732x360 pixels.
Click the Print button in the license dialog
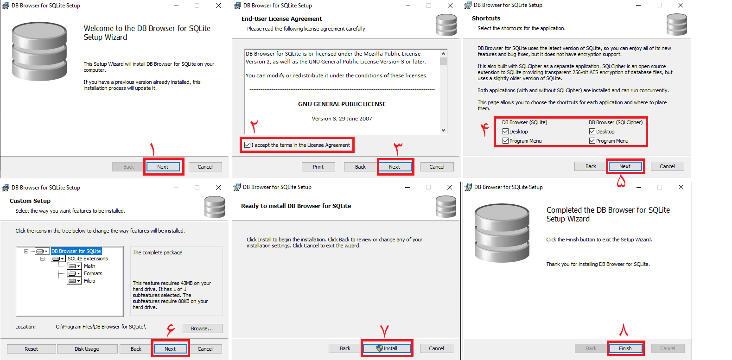pos(318,167)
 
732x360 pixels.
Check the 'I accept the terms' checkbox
pos(248,145)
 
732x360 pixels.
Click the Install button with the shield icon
pos(387,348)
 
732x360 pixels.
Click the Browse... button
pos(202,328)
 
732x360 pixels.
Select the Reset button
pos(32,349)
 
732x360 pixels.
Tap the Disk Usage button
pos(87,349)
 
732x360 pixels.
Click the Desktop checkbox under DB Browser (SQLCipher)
pos(592,132)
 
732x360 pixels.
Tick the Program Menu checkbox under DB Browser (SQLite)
pos(506,141)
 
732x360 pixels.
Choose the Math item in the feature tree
pos(89,266)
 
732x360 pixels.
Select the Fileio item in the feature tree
pos(89,281)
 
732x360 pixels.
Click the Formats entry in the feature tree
pos(93,273)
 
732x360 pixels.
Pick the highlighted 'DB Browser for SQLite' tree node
pos(76,251)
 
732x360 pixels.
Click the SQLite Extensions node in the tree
pos(88,259)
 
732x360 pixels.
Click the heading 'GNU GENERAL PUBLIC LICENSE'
pos(342,104)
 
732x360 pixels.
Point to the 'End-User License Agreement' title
pos(281,19)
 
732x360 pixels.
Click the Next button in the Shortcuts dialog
pos(624,166)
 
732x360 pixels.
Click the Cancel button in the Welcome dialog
pos(205,167)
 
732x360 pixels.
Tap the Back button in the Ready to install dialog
pos(345,348)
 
